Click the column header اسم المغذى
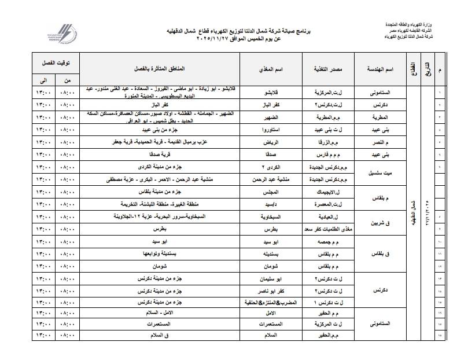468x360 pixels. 270,69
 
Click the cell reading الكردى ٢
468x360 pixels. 271,167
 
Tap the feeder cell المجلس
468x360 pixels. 271,192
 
